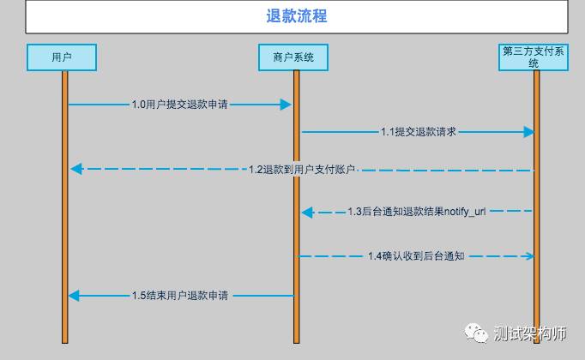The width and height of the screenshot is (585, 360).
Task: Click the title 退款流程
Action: coord(297,16)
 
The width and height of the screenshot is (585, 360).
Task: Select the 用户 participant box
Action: coord(61,57)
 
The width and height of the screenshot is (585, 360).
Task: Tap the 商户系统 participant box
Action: coord(293,57)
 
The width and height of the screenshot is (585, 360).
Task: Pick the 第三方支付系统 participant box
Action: coord(534,57)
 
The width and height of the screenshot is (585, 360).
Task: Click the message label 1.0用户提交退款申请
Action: coord(179,105)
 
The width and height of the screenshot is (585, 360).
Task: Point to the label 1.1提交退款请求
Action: coord(418,132)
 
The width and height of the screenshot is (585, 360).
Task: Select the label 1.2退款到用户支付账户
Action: coord(301,170)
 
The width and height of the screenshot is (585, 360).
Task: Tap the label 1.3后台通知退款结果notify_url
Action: coord(416,211)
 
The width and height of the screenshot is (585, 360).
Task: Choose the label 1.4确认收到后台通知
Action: coord(416,256)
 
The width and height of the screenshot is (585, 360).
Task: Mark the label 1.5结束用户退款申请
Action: coord(179,296)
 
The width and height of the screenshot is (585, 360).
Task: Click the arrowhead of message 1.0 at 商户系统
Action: coord(286,105)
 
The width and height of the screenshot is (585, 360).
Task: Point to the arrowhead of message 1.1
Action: coord(528,132)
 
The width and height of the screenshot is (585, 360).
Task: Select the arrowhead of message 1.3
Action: coord(307,212)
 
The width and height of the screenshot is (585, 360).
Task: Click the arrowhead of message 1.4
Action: coord(528,256)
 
